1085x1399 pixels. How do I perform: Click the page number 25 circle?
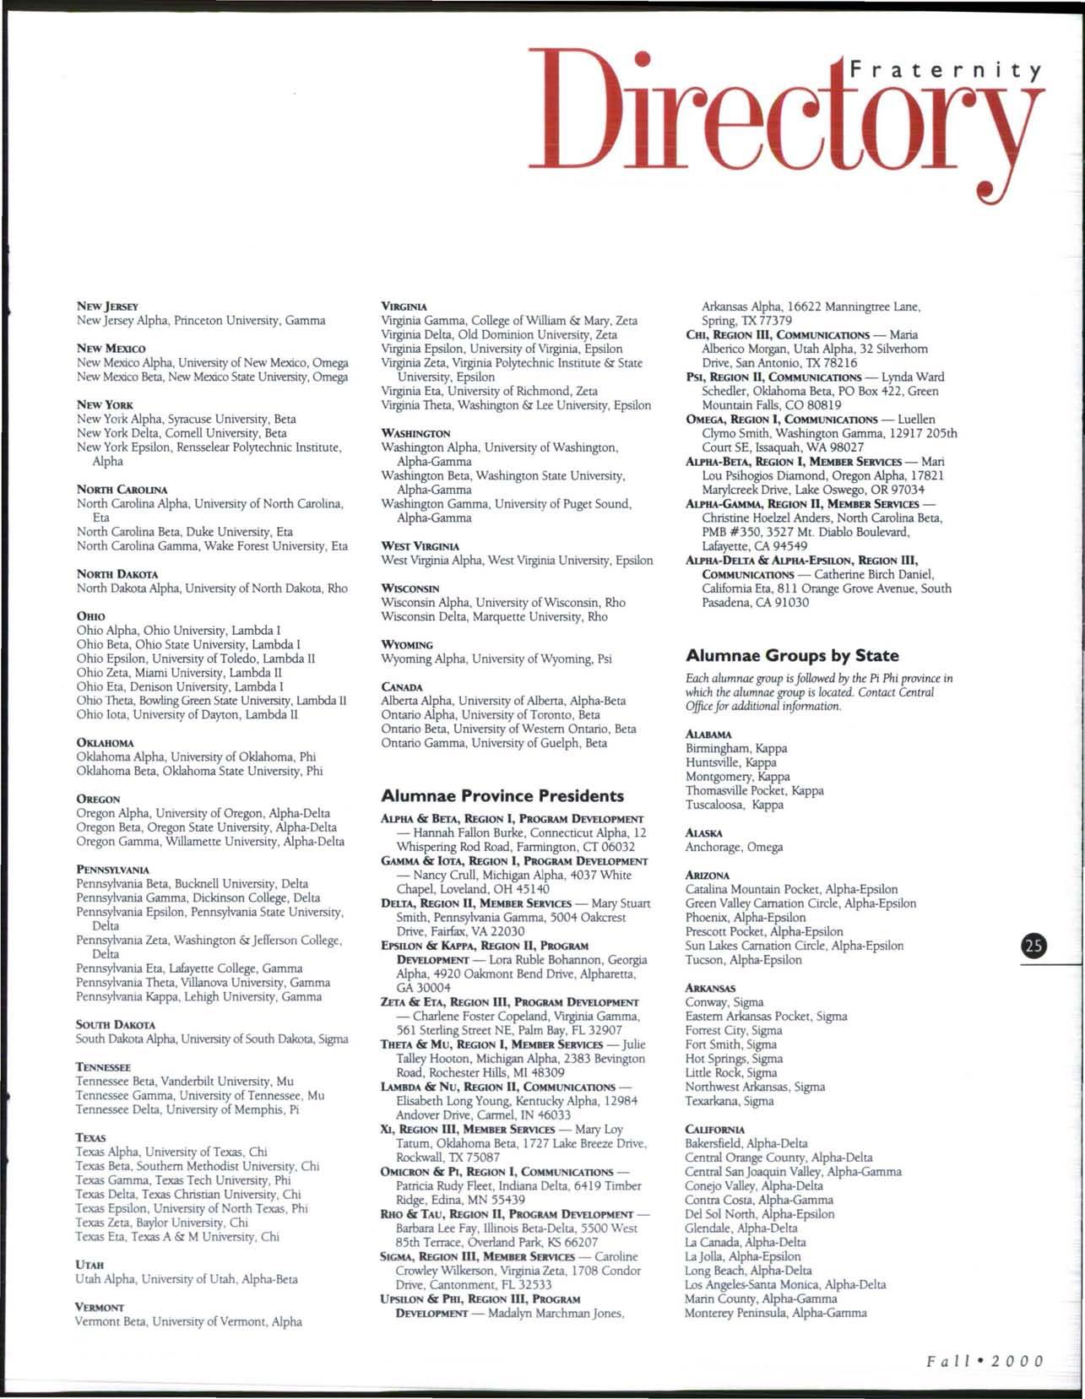pos(1033,946)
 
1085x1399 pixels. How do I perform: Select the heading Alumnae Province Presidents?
pos(502,795)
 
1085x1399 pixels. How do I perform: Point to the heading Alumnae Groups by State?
pos(792,655)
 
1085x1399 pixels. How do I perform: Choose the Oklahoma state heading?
pos(105,742)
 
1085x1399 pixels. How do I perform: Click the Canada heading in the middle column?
pos(401,686)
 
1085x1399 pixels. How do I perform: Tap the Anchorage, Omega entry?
pos(734,847)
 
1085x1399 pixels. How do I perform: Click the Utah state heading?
pos(90,1265)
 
